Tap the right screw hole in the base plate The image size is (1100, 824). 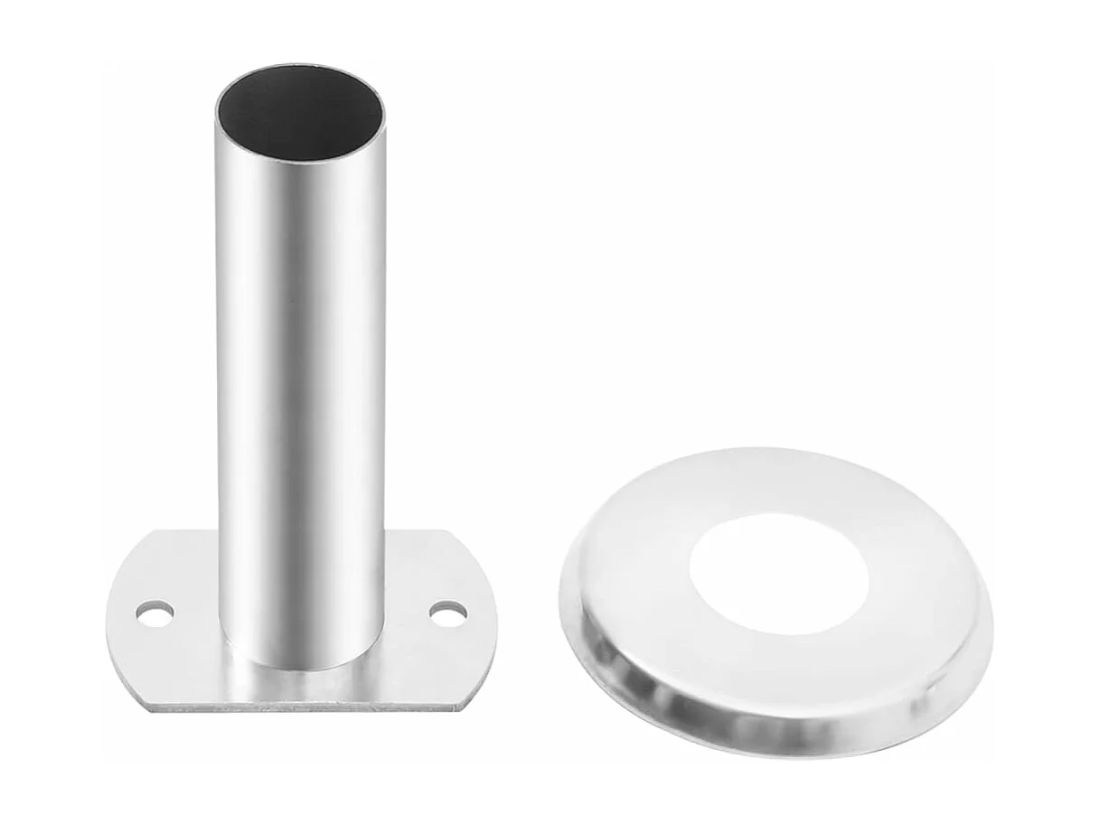(448, 613)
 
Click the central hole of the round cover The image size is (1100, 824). (778, 574)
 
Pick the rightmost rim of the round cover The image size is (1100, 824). (990, 623)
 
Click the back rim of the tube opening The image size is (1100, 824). (299, 66)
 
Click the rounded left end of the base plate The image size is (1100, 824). (110, 623)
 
